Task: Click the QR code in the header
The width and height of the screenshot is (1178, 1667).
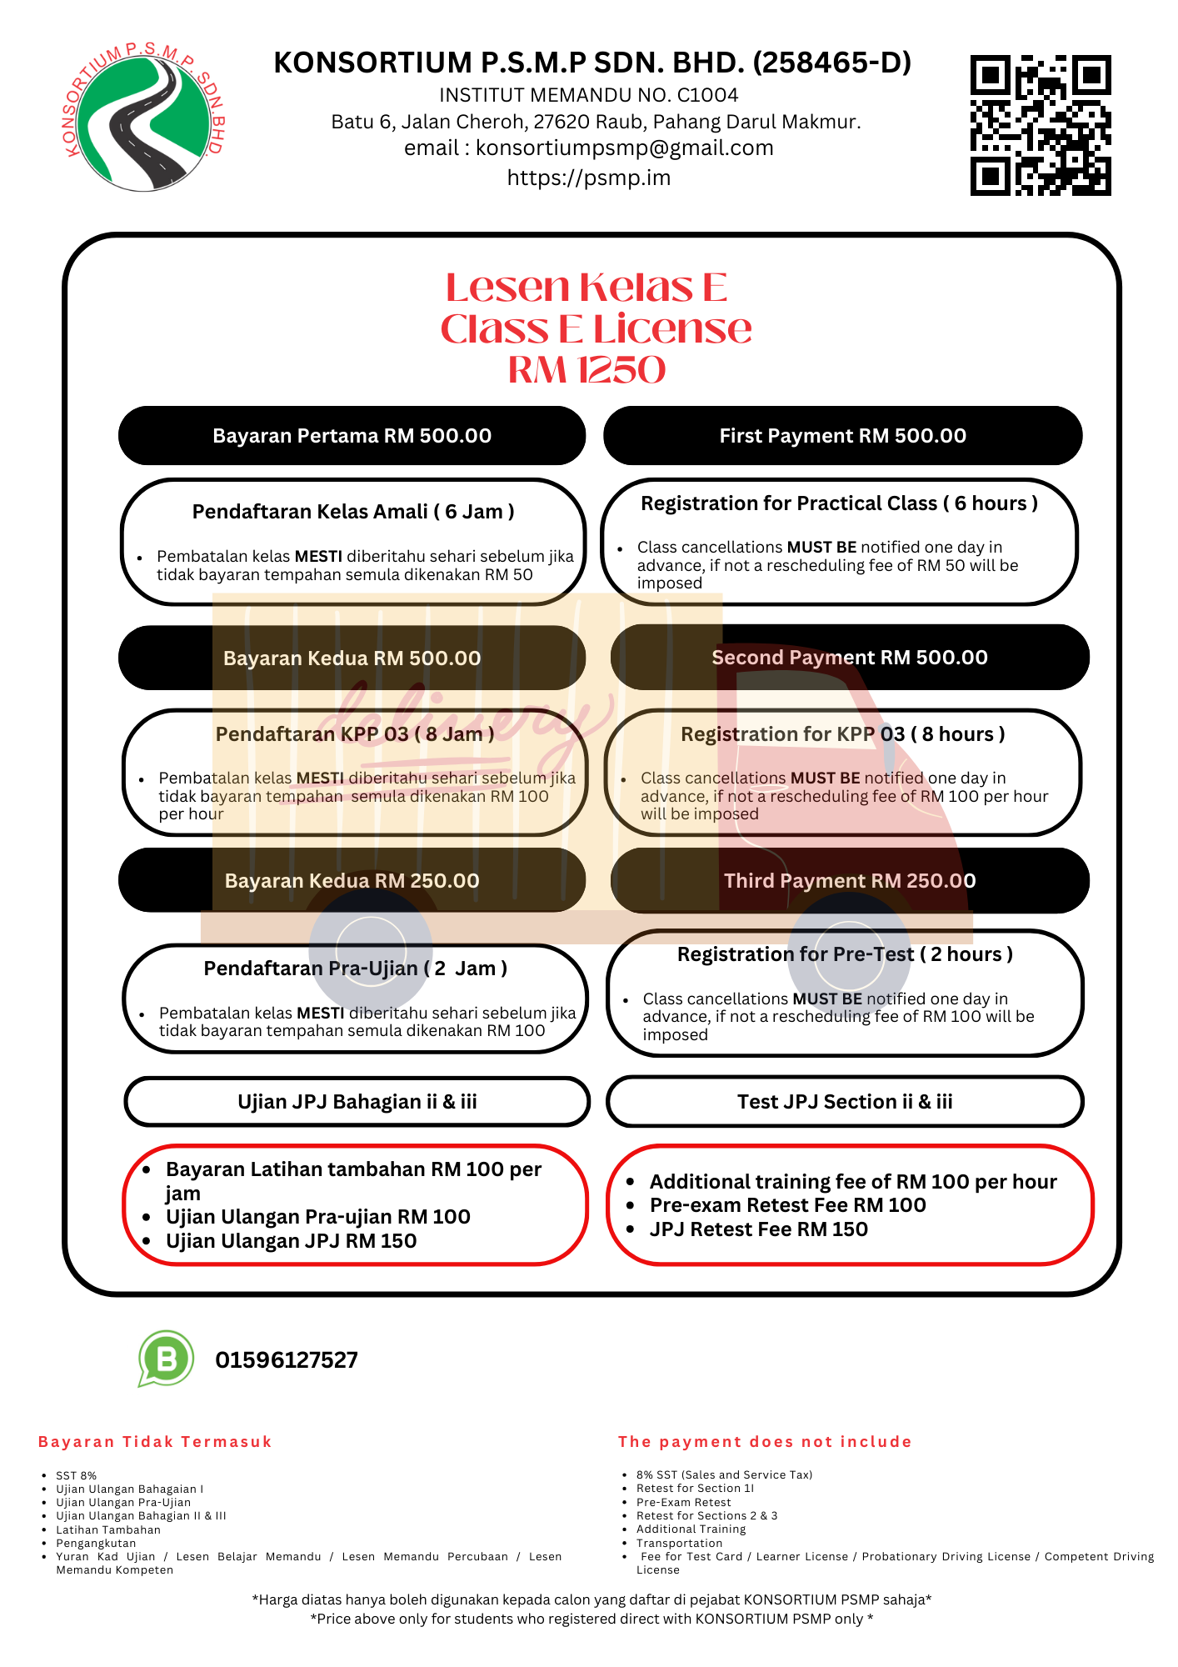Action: tap(1041, 126)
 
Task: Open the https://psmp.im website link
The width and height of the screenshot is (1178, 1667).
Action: tap(589, 178)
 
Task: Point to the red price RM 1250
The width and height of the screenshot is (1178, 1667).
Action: tap(587, 370)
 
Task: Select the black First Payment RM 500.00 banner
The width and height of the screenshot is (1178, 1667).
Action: tap(842, 436)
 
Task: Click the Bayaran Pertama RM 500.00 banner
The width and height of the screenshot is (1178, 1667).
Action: tap(352, 436)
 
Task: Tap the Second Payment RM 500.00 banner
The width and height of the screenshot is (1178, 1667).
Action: tap(849, 658)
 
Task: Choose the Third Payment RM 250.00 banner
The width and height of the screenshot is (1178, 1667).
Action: tap(849, 881)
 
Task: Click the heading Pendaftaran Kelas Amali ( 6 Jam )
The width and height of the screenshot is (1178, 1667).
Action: tap(353, 512)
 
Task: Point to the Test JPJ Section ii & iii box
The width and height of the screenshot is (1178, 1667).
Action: tap(845, 1102)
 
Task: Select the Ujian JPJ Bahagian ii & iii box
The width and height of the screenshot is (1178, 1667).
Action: tap(357, 1102)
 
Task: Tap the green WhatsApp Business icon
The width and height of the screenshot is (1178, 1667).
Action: tap(167, 1359)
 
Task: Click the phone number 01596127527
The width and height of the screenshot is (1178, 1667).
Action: tap(287, 1360)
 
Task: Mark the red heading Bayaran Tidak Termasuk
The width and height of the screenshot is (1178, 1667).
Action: tap(155, 1442)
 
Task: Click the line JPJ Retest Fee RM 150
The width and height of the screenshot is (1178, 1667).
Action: tap(758, 1229)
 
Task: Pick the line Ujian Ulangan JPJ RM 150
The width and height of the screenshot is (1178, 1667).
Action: tap(291, 1241)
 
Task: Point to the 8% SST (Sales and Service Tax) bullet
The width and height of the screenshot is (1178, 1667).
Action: tap(724, 1474)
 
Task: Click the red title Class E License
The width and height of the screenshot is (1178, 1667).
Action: tap(595, 328)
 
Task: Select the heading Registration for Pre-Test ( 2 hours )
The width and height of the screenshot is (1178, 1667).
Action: tap(845, 954)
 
